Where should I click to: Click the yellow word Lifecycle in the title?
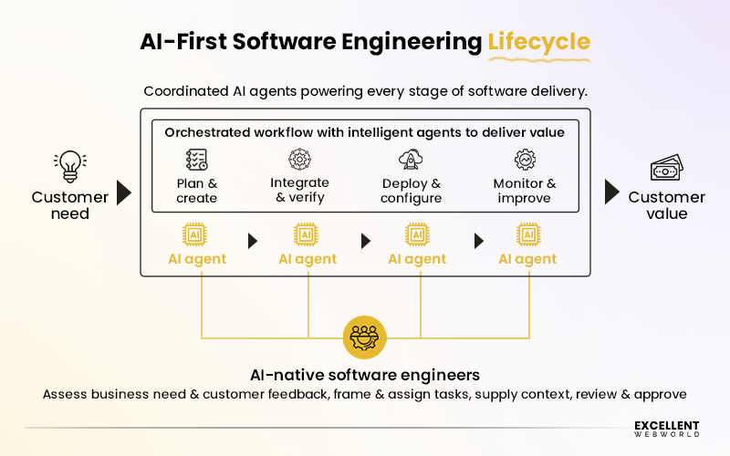(538, 42)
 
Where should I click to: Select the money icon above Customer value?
(664, 169)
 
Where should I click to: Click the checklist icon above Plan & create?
(196, 161)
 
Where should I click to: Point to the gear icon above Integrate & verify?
(299, 161)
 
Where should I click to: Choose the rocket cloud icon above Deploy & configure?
(410, 161)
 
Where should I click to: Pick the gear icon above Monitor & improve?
(524, 161)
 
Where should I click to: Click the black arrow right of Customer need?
(124, 192)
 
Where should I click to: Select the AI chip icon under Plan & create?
(196, 235)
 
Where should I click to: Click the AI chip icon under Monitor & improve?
(527, 235)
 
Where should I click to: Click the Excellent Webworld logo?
(666, 429)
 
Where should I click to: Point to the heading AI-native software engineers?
(365, 375)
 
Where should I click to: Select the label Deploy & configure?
(411, 191)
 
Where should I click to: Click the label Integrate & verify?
(299, 191)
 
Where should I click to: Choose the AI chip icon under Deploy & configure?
(417, 235)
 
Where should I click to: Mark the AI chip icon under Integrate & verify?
(308, 235)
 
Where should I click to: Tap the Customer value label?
(666, 205)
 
